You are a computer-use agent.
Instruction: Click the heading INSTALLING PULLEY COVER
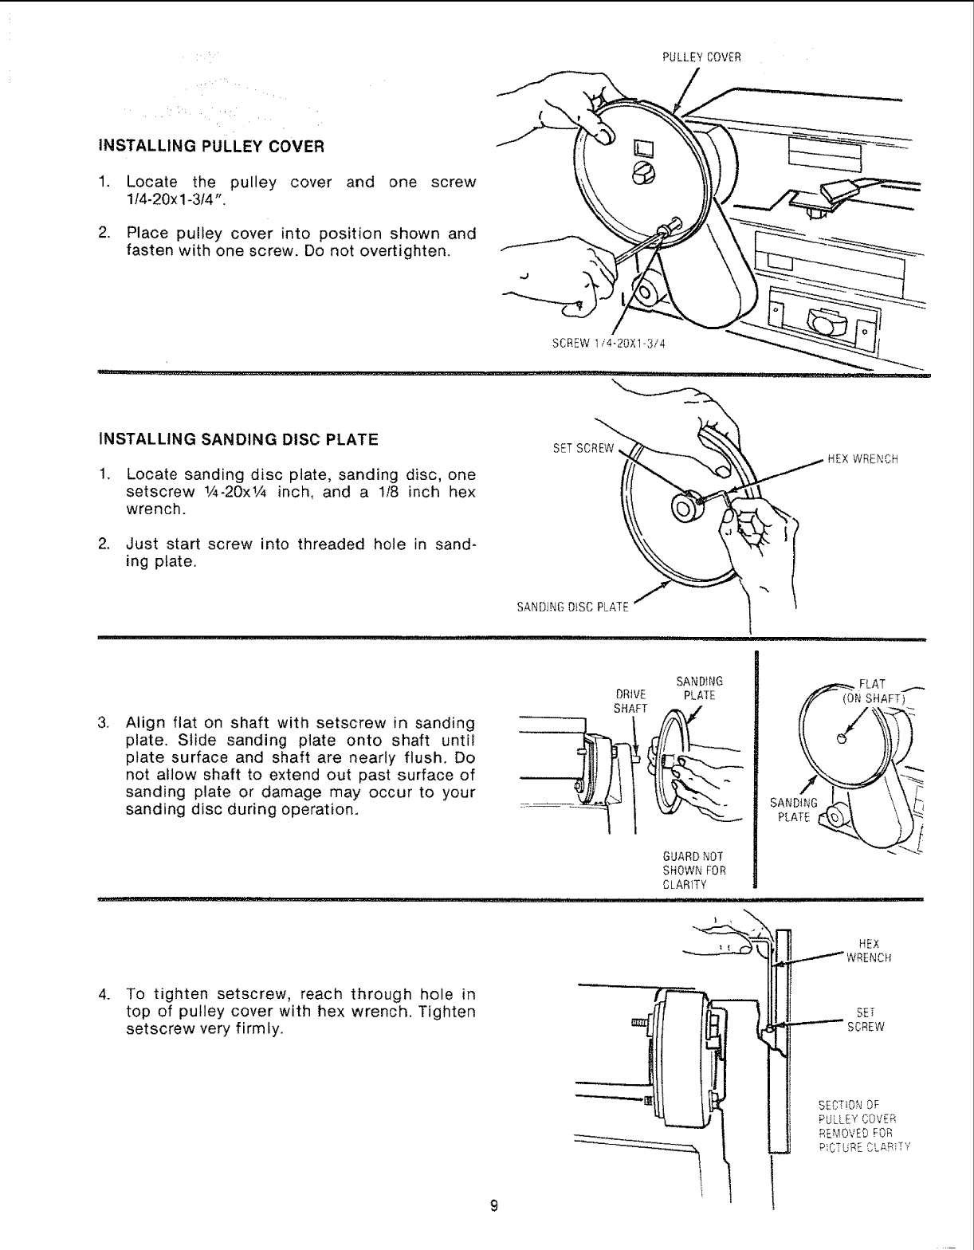210,147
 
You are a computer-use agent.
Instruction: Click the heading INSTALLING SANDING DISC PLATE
237,439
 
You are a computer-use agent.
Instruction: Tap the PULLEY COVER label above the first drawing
701,57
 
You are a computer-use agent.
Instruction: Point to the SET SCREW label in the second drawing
584,447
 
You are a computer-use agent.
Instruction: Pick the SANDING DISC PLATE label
573,608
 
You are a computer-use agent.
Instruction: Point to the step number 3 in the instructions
102,723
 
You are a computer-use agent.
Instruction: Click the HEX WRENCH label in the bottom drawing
868,951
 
